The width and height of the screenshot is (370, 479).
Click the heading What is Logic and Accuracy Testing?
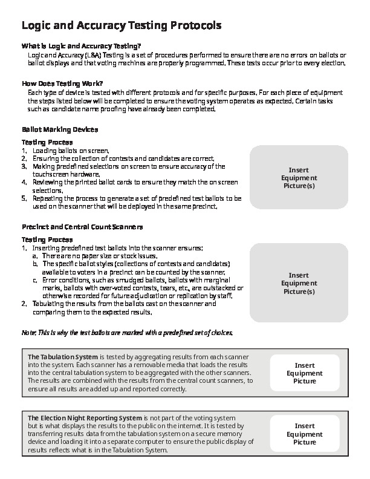pyautogui.click(x=81, y=46)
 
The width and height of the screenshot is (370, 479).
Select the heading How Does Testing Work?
pyautogui.click(x=62, y=83)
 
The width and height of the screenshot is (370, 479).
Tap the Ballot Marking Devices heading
pyautogui.click(x=59, y=129)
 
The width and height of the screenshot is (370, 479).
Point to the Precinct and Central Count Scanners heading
pyautogui.click(x=82, y=227)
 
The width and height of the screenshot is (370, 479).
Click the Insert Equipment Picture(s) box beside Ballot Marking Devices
pyautogui.click(x=299, y=178)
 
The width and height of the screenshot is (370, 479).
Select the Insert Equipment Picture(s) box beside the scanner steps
pyautogui.click(x=299, y=283)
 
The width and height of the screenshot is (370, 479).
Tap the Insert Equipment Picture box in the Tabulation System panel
pyautogui.click(x=304, y=373)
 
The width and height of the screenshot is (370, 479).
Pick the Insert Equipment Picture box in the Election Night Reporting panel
pyautogui.click(x=304, y=434)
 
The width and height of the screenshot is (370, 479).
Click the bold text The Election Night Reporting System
pyautogui.click(x=85, y=418)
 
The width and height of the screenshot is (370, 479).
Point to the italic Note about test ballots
pyautogui.click(x=127, y=333)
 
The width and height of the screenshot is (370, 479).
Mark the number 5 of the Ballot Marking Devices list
pyautogui.click(x=24, y=198)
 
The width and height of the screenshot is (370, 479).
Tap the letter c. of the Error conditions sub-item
pyautogui.click(x=36, y=280)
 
